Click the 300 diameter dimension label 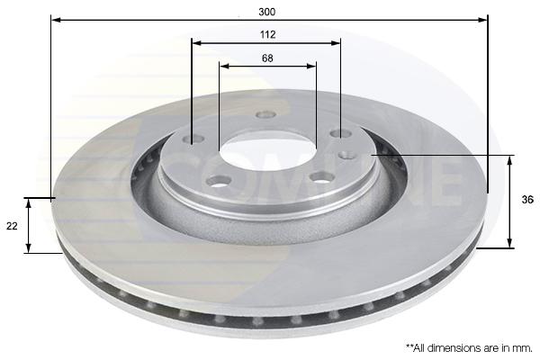click(x=267, y=12)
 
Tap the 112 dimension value click(x=267, y=34)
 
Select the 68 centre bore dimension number click(x=267, y=58)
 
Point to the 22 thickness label click(x=12, y=226)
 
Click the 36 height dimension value click(x=527, y=200)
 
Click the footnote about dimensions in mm click(x=469, y=348)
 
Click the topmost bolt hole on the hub click(x=265, y=114)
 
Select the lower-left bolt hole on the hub click(x=219, y=181)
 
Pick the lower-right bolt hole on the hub click(x=322, y=177)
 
